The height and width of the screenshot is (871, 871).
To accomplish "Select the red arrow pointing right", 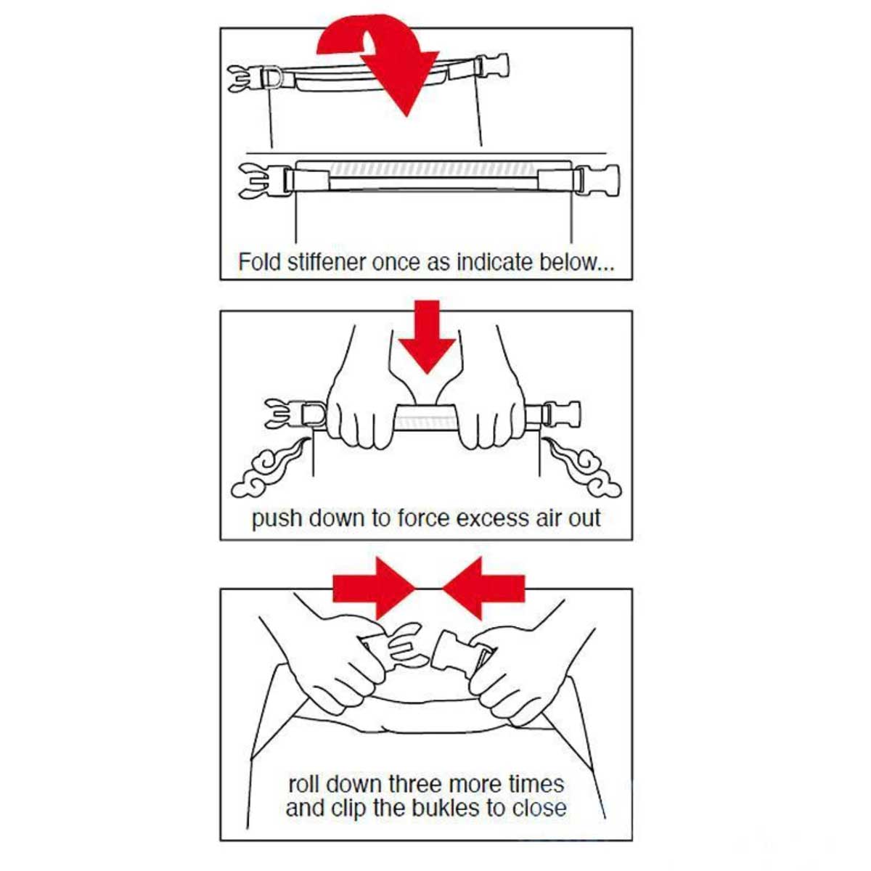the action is [374, 588].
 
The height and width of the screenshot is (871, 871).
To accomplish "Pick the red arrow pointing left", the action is [483, 588].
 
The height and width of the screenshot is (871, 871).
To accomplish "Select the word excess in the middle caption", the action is [493, 519].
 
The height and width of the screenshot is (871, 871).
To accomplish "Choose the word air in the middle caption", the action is [549, 518].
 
